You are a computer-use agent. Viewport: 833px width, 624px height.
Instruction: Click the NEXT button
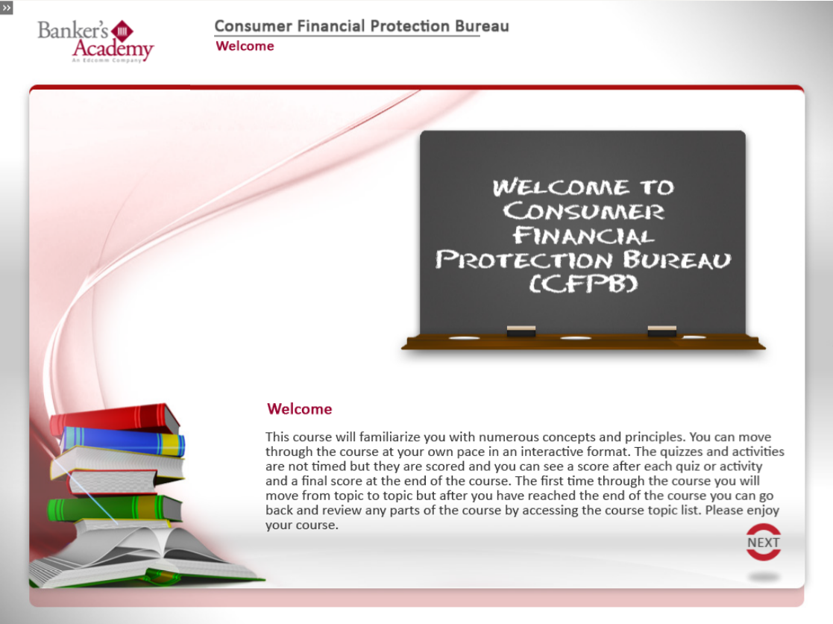(764, 542)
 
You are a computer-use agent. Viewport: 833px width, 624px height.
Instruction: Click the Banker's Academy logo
(95, 42)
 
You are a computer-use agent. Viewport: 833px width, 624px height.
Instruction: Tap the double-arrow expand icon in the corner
(7, 7)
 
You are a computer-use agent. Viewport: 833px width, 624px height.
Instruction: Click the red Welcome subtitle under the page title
(245, 46)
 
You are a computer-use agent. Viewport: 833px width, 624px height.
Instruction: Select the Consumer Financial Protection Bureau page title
(362, 26)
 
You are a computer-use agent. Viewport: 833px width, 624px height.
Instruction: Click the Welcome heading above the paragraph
(300, 409)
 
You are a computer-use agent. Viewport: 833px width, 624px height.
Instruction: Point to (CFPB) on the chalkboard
(583, 284)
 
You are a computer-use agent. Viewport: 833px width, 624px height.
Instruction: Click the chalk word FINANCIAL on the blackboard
(583, 235)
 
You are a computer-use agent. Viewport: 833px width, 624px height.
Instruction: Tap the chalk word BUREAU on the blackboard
(677, 260)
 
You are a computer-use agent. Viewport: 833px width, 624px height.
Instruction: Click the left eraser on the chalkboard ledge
(521, 331)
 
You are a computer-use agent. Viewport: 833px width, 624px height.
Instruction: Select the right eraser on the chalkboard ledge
(662, 331)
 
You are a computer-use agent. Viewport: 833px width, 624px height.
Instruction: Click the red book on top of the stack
(115, 418)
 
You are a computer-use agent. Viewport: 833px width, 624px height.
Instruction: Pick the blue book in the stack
(123, 441)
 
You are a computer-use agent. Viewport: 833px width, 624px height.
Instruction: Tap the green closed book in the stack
(114, 508)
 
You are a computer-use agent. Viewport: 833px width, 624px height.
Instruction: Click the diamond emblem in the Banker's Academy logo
(122, 31)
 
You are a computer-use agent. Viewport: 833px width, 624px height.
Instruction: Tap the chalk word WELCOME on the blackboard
(561, 187)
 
